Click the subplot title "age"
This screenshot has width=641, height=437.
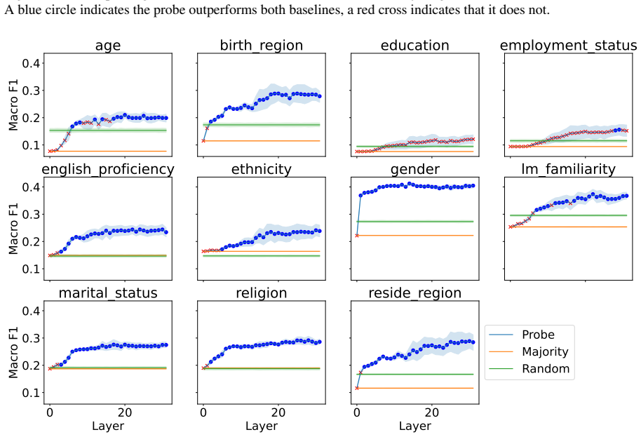108,46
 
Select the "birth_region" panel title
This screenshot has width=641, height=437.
261,46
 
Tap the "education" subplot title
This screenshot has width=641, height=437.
415,45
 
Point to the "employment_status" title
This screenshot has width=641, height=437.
568,46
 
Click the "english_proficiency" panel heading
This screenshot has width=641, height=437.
108,169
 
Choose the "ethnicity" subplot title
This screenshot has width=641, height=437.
261,169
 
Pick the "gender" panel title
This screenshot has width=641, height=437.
415,170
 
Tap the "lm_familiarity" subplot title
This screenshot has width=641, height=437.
568,169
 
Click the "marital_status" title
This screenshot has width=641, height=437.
108,293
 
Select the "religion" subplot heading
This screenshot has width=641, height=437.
261,293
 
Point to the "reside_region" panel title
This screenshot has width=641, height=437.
415,293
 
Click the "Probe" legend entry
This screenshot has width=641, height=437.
538,335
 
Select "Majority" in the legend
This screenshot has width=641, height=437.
545,352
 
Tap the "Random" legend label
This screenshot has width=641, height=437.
546,369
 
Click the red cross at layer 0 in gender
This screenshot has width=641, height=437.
357,236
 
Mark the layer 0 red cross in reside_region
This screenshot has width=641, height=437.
357,388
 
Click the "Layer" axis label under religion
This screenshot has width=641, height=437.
261,426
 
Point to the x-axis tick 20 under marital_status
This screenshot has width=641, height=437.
125,412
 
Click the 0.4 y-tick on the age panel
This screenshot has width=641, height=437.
31,63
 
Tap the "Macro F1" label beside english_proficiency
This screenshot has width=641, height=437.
13,229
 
